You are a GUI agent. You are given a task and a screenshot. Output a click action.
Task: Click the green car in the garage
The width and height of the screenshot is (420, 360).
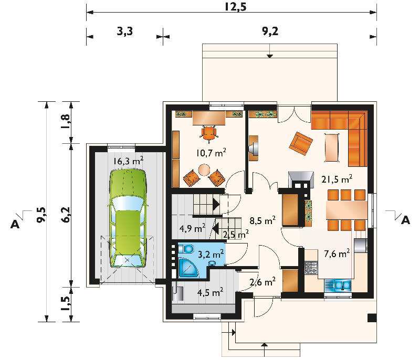(x=128, y=218)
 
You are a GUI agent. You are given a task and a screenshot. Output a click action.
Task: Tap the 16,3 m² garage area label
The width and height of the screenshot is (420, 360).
(x=128, y=161)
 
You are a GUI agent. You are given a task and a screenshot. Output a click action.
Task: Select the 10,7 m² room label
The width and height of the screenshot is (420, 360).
(x=211, y=153)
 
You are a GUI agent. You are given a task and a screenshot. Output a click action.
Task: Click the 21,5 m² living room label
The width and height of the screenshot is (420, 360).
(x=337, y=179)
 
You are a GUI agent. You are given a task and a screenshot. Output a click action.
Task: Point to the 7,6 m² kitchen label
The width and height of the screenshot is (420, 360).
(x=337, y=253)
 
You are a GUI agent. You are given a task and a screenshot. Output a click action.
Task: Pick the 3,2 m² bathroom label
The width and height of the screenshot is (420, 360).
(x=211, y=254)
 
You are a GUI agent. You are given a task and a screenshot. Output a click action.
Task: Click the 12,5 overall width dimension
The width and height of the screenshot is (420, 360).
(x=235, y=6)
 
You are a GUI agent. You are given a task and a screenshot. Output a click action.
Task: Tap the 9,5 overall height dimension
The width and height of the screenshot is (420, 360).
(x=41, y=215)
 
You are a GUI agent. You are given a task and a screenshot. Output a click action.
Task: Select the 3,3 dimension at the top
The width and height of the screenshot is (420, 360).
(x=124, y=31)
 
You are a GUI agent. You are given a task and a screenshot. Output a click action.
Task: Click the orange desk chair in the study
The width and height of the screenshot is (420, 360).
(x=209, y=134)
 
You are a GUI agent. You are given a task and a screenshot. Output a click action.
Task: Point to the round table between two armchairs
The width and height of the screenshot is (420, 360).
(x=204, y=170)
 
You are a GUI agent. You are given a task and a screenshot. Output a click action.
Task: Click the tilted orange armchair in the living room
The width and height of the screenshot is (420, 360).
(x=301, y=143)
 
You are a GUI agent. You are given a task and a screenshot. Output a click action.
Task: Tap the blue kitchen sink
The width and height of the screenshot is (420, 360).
(x=338, y=285)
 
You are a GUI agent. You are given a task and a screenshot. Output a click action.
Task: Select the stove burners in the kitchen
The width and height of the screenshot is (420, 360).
(x=311, y=268)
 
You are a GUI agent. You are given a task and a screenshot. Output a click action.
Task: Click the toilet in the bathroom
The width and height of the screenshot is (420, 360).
(x=186, y=249)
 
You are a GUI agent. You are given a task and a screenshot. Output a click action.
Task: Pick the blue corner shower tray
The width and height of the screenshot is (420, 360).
(x=188, y=268)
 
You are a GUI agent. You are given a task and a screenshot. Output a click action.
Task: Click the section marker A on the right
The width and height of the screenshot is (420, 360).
(x=405, y=220)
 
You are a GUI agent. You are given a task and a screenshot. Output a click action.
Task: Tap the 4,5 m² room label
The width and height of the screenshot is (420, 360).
(x=211, y=292)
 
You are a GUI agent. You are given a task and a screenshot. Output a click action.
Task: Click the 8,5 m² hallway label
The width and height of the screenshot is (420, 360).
(x=262, y=220)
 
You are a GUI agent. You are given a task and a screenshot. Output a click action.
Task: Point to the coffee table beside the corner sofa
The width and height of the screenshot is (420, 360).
(x=332, y=147)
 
